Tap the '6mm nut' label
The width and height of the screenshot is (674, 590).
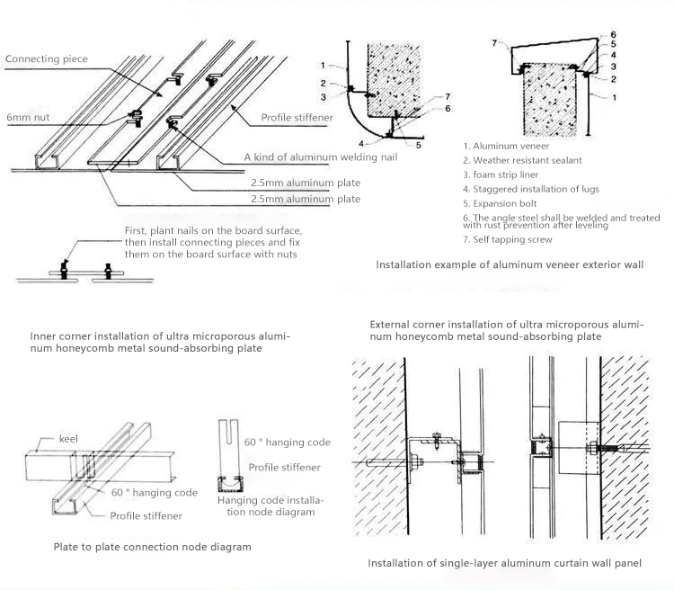pos(30,118)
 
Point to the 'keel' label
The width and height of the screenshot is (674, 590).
pos(68,438)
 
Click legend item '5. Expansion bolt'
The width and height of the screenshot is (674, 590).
pos(501,203)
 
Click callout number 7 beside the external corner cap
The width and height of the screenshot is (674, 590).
pos(494,42)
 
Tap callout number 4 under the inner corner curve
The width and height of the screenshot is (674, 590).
pos(363,143)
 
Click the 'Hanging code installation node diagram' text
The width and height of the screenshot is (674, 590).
pos(270,505)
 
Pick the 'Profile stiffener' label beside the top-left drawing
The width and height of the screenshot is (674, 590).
pos(297,118)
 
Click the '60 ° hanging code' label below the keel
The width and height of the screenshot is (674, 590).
pos(155,493)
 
